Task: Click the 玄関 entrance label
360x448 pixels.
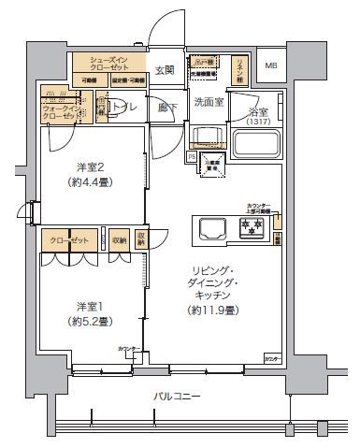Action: tap(165, 69)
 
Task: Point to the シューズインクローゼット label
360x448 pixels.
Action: tap(109, 64)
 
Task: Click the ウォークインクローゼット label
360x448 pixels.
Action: tap(62, 114)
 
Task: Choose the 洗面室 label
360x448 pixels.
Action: tap(208, 102)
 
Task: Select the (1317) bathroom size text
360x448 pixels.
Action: tap(261, 122)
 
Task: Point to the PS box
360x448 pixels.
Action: tap(192, 158)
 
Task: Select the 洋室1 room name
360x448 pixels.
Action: tap(92, 306)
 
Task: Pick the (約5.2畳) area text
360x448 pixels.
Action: tap(92, 321)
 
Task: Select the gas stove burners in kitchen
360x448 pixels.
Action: tap(252, 226)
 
